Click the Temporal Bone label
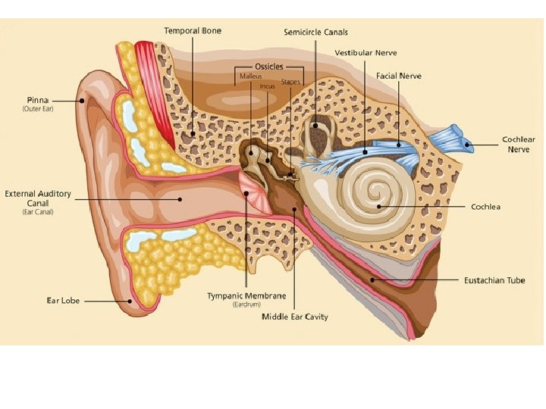[193, 31]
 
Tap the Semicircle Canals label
[315, 33]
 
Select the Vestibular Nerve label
[366, 53]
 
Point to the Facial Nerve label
[399, 76]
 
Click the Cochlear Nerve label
[519, 144]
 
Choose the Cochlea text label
[485, 206]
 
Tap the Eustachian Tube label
[494, 280]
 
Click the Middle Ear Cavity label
[295, 317]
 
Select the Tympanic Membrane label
[246, 295]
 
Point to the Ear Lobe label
[63, 301]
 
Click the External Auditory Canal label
[38, 198]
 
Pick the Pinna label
[39, 99]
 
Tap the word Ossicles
[268, 67]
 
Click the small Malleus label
[250, 76]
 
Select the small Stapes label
[290, 82]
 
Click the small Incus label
[267, 86]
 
